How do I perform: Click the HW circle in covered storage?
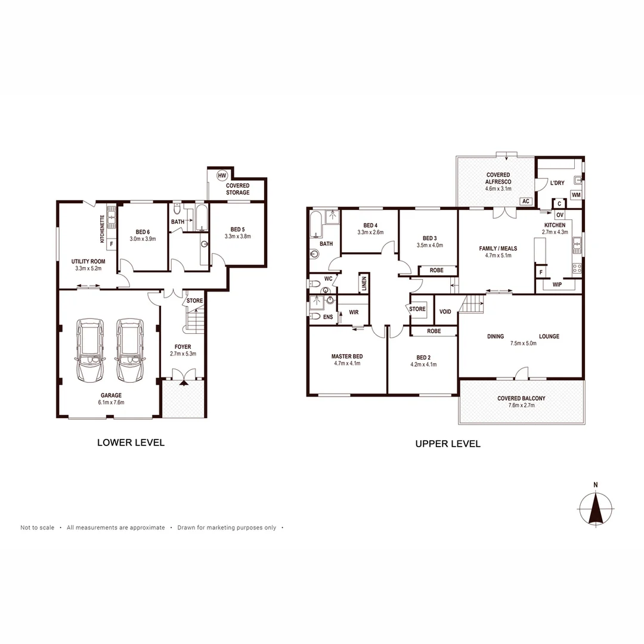(222, 175)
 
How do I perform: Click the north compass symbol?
(595, 508)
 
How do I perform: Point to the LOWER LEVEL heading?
(131, 442)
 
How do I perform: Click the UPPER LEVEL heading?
(448, 444)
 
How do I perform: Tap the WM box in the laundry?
(576, 195)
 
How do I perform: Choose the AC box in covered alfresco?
(526, 202)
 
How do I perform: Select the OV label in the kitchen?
(559, 215)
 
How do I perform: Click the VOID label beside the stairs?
(445, 311)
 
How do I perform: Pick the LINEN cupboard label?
(363, 283)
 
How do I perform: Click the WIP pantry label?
(557, 284)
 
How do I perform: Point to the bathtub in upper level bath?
(315, 225)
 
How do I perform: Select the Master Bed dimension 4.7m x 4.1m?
(347, 364)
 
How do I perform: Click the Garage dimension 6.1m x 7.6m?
(111, 402)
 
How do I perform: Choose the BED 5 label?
(237, 229)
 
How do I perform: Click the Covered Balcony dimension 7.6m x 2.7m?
(521, 405)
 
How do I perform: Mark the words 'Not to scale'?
(37, 528)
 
